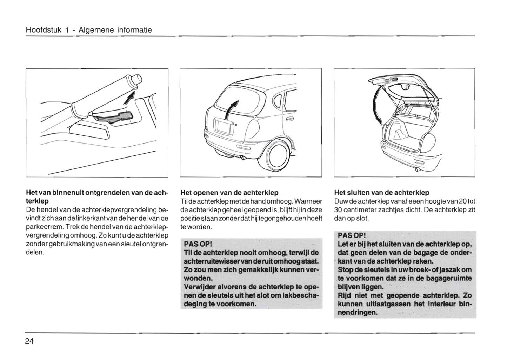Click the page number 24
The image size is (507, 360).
point(29,341)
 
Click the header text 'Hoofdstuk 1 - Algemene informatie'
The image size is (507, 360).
point(89,30)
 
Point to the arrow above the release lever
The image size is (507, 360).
point(130,97)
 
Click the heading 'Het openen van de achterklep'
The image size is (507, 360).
point(229,193)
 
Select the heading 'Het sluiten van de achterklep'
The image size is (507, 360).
point(382,193)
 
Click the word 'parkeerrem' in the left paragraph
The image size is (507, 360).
point(41,227)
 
